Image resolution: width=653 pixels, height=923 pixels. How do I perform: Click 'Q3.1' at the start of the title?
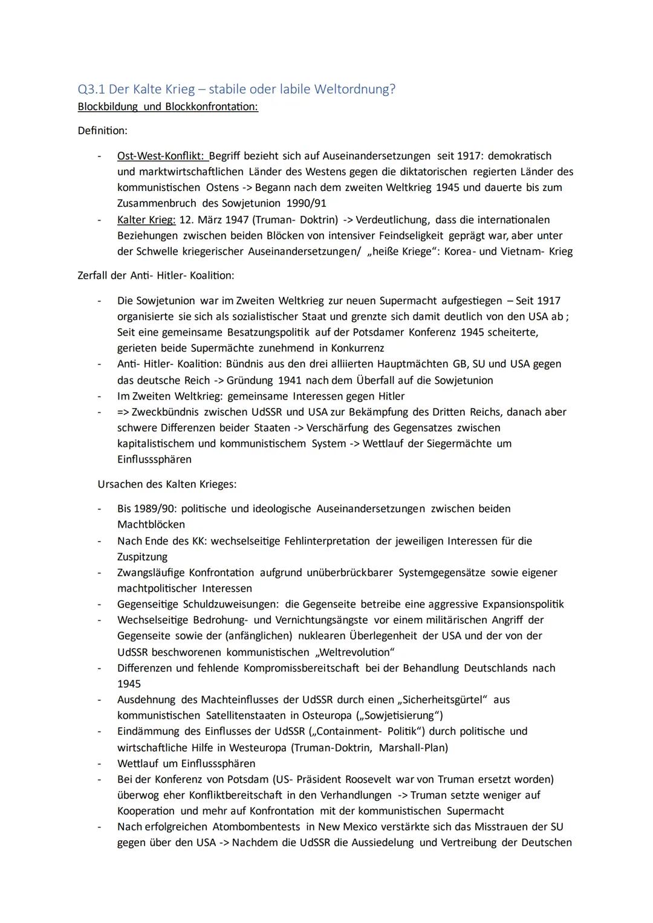pyautogui.click(x=91, y=89)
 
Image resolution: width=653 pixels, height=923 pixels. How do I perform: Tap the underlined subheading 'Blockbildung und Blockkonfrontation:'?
pyautogui.click(x=167, y=107)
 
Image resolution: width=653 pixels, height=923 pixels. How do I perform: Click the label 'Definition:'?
pyautogui.click(x=102, y=131)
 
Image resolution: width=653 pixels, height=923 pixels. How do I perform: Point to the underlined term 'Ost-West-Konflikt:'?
pyautogui.click(x=161, y=156)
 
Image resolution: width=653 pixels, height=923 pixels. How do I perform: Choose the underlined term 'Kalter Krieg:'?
pyautogui.click(x=146, y=220)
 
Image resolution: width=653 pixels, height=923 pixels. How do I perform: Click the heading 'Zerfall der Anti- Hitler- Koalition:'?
pyautogui.click(x=156, y=276)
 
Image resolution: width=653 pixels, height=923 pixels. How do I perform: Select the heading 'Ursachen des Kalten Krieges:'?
pyautogui.click(x=167, y=484)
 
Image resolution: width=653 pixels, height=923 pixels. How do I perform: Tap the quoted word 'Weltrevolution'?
pyautogui.click(x=355, y=652)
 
